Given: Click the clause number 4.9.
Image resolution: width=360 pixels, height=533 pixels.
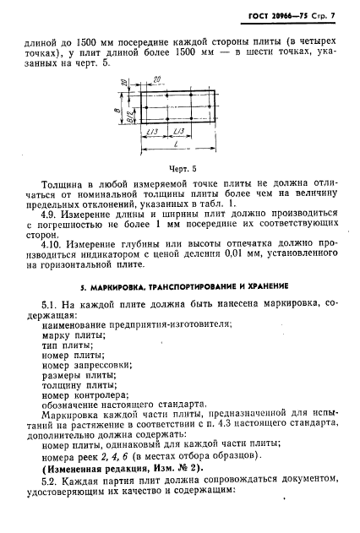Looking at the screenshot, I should (50, 215).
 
